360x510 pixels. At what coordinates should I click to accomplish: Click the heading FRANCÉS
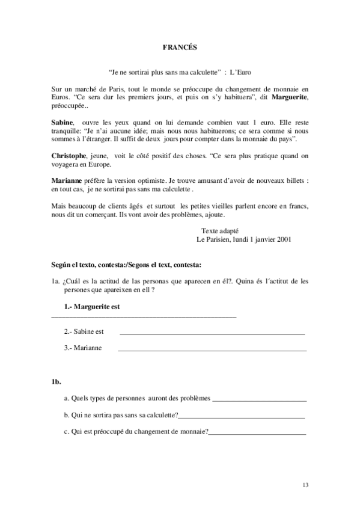[180, 46]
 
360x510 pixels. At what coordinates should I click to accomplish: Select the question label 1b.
[56, 381]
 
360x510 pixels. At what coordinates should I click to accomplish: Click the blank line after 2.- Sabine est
[212, 333]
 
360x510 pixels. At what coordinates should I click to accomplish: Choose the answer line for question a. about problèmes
[260, 400]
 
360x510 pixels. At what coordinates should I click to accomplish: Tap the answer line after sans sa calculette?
[242, 417]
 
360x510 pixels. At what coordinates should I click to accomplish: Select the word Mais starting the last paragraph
[59, 206]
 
